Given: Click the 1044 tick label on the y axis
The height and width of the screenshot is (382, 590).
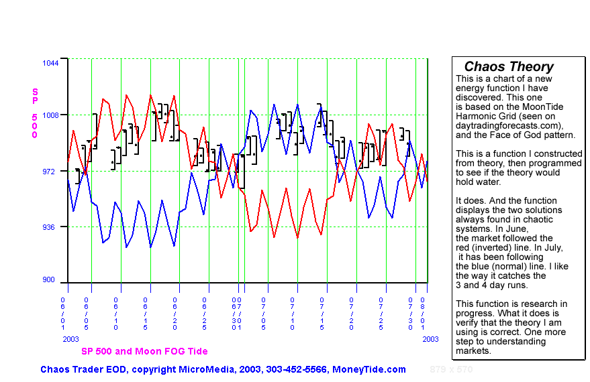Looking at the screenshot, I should point(51,63).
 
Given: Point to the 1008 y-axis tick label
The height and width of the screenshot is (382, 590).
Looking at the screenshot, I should point(51,115).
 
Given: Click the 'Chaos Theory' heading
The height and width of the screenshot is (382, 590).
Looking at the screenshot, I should point(509,66).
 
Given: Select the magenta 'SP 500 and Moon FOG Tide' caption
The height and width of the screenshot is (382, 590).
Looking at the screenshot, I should point(144,351).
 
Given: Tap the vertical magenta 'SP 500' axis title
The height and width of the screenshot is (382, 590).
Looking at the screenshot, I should point(35,113).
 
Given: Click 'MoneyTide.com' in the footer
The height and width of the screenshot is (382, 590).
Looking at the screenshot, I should point(369,369).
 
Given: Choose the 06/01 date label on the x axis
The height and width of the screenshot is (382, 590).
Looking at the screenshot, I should point(64,313).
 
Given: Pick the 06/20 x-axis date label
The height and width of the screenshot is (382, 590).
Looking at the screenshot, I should point(175,313).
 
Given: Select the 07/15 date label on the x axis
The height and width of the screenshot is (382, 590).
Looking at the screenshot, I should point(322,313).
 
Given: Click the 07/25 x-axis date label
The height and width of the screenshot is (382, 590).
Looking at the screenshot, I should point(381,313).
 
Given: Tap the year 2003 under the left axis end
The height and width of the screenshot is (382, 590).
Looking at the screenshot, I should point(70,339).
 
